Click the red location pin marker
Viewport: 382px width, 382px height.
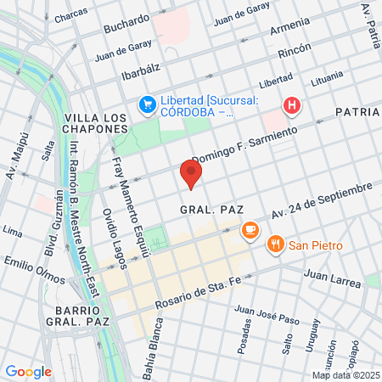(x=192, y=175)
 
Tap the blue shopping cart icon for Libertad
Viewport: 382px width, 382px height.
(x=146, y=105)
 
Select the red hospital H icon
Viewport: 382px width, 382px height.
(x=292, y=105)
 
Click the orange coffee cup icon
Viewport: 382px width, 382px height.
(x=250, y=229)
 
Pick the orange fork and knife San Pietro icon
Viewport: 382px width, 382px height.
(x=275, y=245)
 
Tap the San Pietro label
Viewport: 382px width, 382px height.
(x=316, y=245)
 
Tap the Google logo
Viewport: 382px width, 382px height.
(x=28, y=371)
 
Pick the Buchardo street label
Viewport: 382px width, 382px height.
(x=126, y=25)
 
